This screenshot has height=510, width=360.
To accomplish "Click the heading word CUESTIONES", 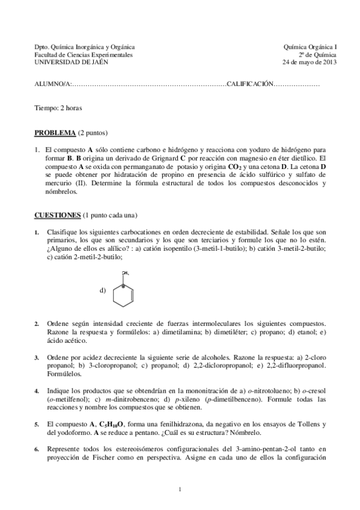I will coord(58,215).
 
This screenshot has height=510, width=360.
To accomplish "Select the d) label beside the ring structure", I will coord(103,290).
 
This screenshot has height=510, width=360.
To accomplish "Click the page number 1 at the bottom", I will coord(180,488).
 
